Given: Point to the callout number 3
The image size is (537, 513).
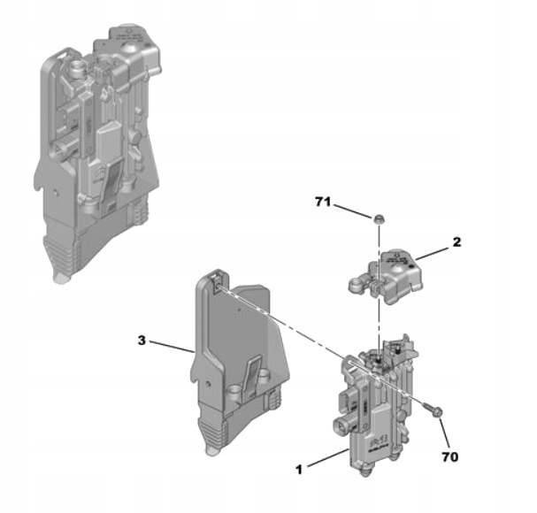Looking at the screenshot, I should pos(141,338).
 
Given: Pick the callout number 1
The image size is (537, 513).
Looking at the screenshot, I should pos(300,469).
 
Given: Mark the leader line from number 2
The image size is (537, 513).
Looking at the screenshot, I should pos(433,251).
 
